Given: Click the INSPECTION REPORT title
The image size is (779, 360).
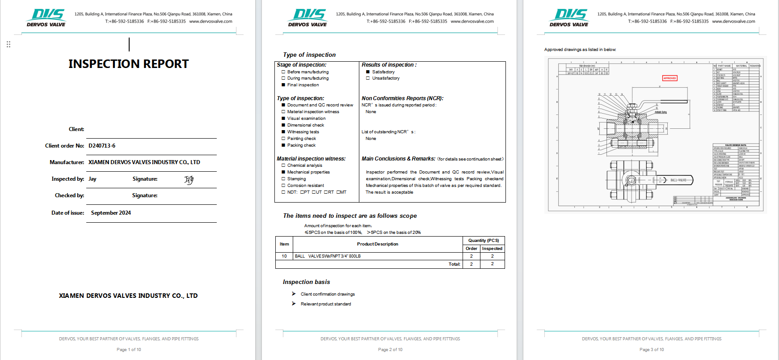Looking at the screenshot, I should [x=129, y=64].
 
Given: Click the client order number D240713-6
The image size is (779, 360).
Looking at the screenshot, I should [x=102, y=146].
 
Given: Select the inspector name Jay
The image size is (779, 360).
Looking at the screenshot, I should [x=93, y=179].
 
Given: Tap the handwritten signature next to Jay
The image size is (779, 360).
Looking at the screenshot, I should [x=189, y=180].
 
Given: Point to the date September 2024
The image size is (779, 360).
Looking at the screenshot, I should [x=111, y=213].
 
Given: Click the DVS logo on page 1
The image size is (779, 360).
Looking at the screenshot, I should [x=46, y=17].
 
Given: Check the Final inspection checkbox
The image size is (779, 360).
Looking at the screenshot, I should [x=283, y=85].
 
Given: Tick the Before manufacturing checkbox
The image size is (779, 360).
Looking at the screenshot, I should [x=283, y=72].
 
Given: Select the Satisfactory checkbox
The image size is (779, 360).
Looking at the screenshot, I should [x=368, y=72].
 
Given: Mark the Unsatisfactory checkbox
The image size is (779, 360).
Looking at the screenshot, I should [x=368, y=78].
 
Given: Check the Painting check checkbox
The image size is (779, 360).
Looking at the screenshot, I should [x=283, y=139].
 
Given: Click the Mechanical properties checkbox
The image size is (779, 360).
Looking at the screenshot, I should [x=283, y=172].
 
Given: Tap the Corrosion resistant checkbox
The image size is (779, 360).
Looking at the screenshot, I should [x=283, y=186].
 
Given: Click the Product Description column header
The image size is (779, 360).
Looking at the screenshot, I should [x=377, y=244].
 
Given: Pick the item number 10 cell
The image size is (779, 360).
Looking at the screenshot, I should [x=284, y=256].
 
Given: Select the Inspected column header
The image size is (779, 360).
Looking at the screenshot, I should [x=492, y=249].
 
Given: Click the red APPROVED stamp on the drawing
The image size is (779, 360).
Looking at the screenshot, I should [x=670, y=78].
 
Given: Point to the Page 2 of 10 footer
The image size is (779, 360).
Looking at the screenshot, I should [x=390, y=350].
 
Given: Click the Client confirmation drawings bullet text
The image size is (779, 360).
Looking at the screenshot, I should [x=328, y=294].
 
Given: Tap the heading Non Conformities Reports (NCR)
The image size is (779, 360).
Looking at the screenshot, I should [x=402, y=98].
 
